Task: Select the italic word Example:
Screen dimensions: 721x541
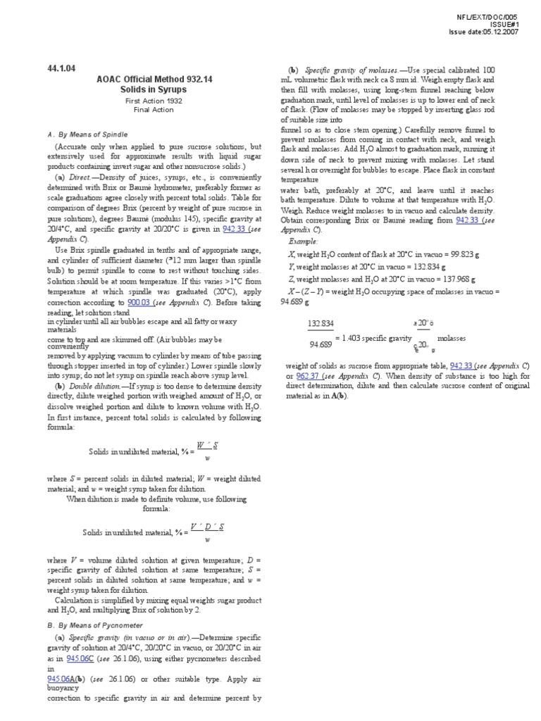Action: tap(304, 241)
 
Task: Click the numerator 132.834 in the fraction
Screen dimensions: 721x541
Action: tap(321, 325)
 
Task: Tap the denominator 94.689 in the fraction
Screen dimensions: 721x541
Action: tap(321, 344)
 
